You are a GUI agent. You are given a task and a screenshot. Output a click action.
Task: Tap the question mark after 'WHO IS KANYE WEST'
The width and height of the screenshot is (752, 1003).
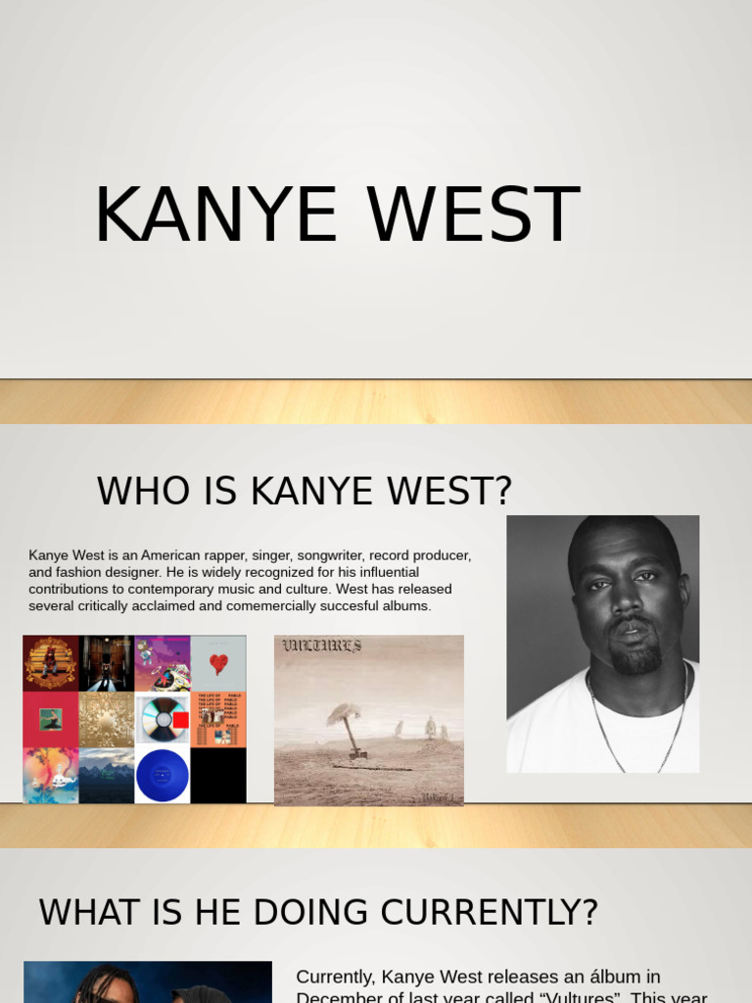[501, 491]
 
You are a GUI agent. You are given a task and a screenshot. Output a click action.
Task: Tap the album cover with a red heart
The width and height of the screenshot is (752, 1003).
[218, 663]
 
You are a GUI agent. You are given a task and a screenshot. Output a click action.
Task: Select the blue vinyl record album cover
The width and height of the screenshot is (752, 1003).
[163, 776]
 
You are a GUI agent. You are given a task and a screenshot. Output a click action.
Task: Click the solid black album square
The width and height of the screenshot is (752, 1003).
[218, 776]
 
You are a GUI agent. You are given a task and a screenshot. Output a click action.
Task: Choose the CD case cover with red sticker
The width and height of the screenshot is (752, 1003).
[163, 720]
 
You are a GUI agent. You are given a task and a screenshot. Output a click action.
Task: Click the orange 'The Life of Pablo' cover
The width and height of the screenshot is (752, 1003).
[218, 720]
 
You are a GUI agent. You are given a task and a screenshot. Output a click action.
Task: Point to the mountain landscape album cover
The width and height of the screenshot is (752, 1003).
[107, 776]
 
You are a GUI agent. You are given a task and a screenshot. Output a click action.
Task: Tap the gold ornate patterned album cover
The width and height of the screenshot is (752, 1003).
[107, 720]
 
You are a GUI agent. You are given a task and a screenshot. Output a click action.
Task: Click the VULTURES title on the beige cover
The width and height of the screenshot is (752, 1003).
[322, 645]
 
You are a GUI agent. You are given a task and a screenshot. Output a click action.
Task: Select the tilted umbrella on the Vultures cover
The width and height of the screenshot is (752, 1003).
[347, 725]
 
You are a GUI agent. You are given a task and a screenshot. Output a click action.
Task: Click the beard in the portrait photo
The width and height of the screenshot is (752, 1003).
[635, 656]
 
